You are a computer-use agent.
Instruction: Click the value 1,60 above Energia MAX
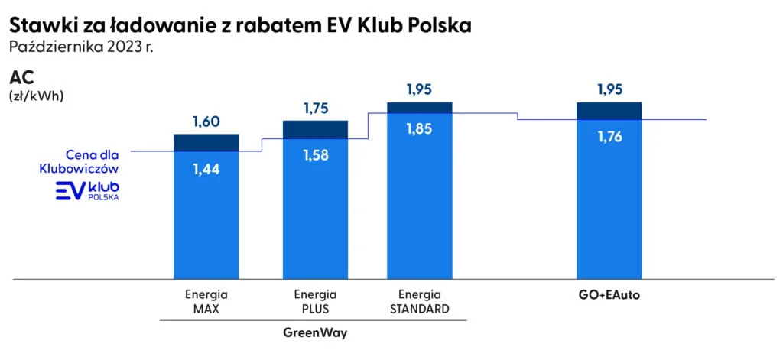[206, 122]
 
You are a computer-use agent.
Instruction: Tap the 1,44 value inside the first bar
[206, 169]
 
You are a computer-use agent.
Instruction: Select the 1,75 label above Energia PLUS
[315, 108]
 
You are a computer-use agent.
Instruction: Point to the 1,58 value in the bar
[315, 156]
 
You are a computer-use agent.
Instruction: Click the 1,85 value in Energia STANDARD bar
[420, 129]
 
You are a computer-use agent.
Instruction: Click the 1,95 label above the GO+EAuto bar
[609, 89]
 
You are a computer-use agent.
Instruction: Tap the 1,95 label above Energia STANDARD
[420, 89]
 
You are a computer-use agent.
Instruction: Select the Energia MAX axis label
[206, 301]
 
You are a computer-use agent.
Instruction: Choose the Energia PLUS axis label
[315, 301]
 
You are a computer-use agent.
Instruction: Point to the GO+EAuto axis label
[609, 294]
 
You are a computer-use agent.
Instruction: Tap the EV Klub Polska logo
[87, 190]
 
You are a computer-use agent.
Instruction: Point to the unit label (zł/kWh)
[36, 97]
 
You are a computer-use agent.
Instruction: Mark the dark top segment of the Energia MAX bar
[206, 142]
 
